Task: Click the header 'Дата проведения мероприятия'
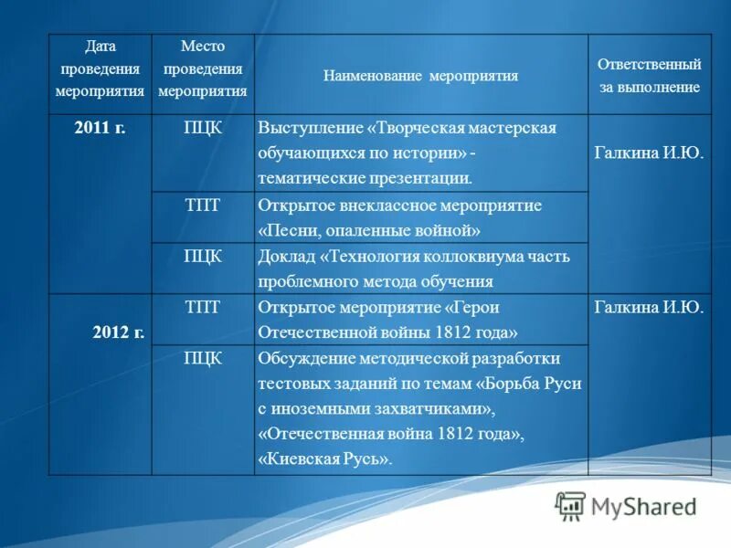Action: click(x=100, y=68)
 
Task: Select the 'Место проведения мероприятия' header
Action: click(x=202, y=68)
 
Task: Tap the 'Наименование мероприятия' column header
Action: click(x=420, y=76)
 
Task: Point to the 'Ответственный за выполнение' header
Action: click(x=649, y=76)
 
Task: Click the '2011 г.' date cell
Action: click(x=100, y=128)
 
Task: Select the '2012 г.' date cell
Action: click(x=118, y=332)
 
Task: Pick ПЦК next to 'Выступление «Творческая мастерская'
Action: click(x=202, y=128)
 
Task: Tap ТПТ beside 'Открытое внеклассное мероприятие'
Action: click(x=202, y=205)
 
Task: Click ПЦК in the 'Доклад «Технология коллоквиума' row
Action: click(x=202, y=256)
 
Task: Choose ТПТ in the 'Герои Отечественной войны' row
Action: click(x=202, y=307)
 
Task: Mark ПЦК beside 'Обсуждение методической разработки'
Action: click(x=202, y=358)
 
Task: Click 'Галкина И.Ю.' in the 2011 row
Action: click(x=649, y=153)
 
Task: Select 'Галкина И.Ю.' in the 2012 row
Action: click(x=649, y=308)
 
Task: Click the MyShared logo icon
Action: click(x=570, y=506)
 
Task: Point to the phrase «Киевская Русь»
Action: click(x=325, y=459)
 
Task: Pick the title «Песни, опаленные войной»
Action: click(x=369, y=231)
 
